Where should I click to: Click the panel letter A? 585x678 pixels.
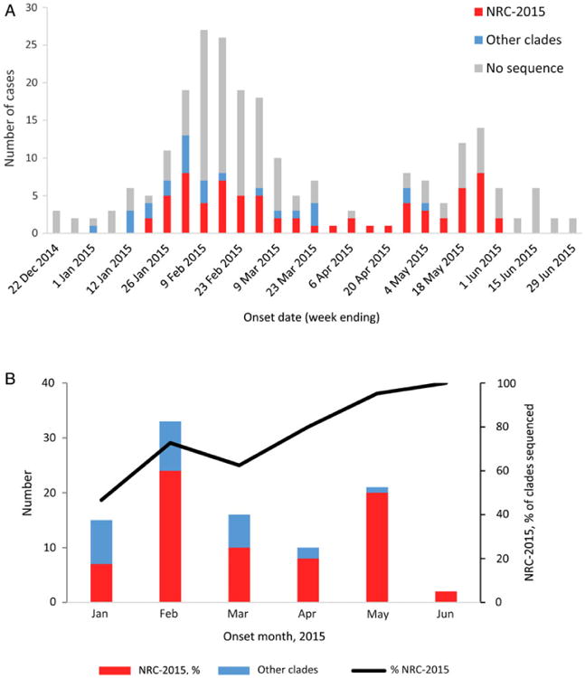point(7,8)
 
